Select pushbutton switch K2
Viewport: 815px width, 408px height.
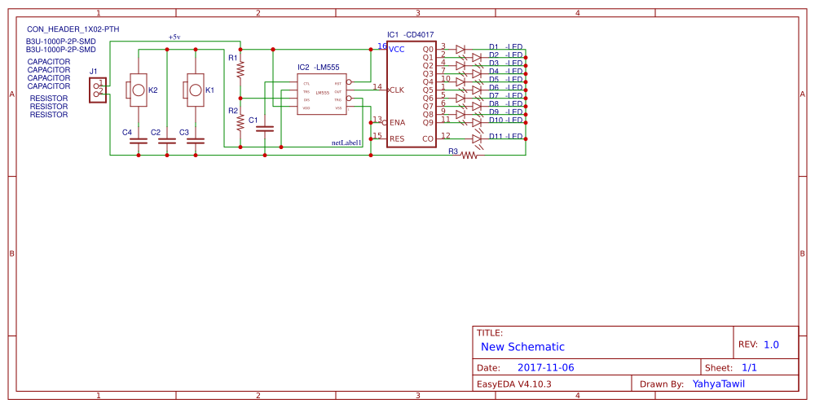pyautogui.click(x=138, y=90)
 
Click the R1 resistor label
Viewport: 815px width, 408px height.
pyautogui.click(x=232, y=59)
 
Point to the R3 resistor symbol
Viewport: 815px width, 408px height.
pyautogui.click(x=469, y=155)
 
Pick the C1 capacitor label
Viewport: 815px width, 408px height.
pyautogui.click(x=253, y=121)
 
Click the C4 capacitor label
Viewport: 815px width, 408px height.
pyautogui.click(x=126, y=132)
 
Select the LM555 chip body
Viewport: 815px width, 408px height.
pyautogui.click(x=321, y=95)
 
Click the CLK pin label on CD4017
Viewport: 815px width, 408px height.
pyautogui.click(x=397, y=90)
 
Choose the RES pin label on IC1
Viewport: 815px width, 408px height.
pyautogui.click(x=397, y=138)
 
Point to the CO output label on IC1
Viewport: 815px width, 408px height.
pyautogui.click(x=428, y=138)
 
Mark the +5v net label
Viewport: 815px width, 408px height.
pyautogui.click(x=174, y=37)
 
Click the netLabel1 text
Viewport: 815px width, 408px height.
pyautogui.click(x=346, y=143)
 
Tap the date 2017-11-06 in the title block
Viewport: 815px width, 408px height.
pyautogui.click(x=545, y=367)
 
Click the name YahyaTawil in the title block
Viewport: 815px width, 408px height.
pyautogui.click(x=718, y=384)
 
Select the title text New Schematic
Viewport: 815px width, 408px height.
pyautogui.click(x=522, y=347)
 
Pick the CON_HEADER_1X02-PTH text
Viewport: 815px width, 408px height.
pyautogui.click(x=73, y=29)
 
